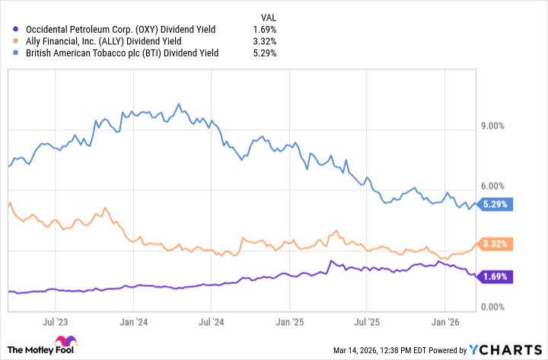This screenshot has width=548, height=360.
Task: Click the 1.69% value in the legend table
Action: pyautogui.click(x=265, y=30)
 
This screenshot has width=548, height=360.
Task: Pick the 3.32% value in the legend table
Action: pyautogui.click(x=265, y=42)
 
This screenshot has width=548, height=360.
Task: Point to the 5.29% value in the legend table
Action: pyautogui.click(x=265, y=54)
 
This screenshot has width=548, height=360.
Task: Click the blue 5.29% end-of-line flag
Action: pyautogui.click(x=496, y=204)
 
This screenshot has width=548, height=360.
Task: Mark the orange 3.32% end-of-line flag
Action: pyautogui.click(x=496, y=244)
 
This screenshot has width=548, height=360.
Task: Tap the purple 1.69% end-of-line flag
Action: pyautogui.click(x=496, y=277)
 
